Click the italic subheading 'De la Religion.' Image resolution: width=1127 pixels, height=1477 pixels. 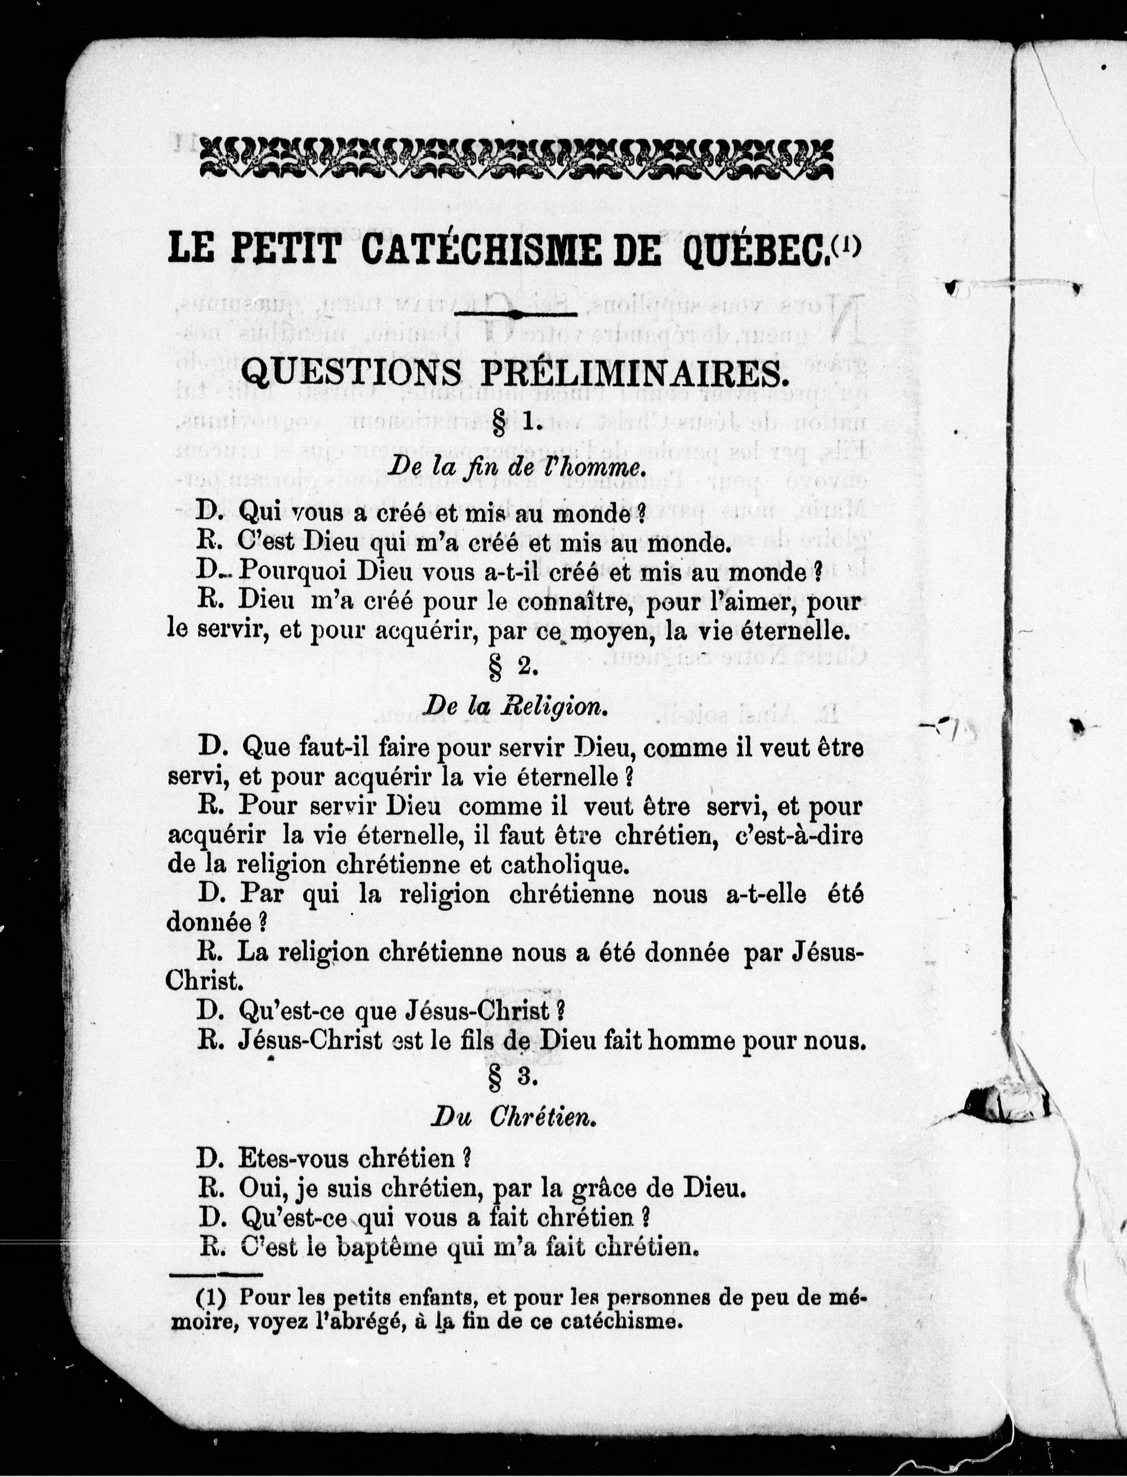(516, 706)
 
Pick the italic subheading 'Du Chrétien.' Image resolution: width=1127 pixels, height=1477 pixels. (513, 1117)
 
